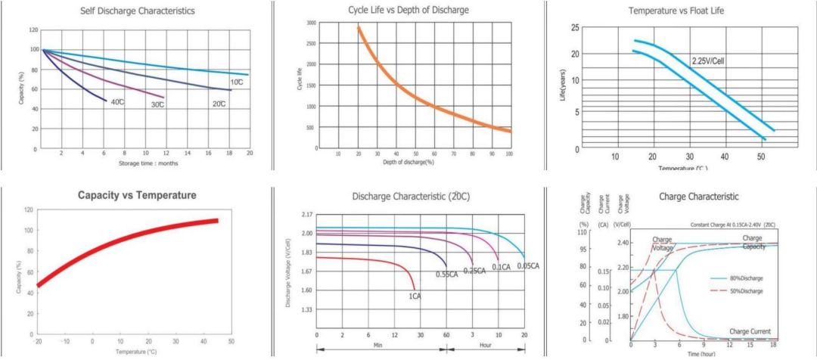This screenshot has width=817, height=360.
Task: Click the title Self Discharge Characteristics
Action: click(138, 11)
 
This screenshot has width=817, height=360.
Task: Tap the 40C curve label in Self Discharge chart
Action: click(118, 102)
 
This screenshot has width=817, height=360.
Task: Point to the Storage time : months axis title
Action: click(148, 163)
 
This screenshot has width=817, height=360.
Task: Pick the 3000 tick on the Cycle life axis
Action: click(311, 23)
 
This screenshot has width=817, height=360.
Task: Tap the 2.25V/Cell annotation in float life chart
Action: click(708, 60)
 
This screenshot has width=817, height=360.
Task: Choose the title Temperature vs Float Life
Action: click(677, 11)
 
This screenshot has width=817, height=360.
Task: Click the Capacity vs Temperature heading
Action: click(137, 195)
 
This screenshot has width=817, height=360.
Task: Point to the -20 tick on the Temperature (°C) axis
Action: click(38, 342)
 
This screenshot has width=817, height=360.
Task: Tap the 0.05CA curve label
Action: click(528, 266)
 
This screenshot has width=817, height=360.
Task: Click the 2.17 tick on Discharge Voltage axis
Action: click(306, 216)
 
